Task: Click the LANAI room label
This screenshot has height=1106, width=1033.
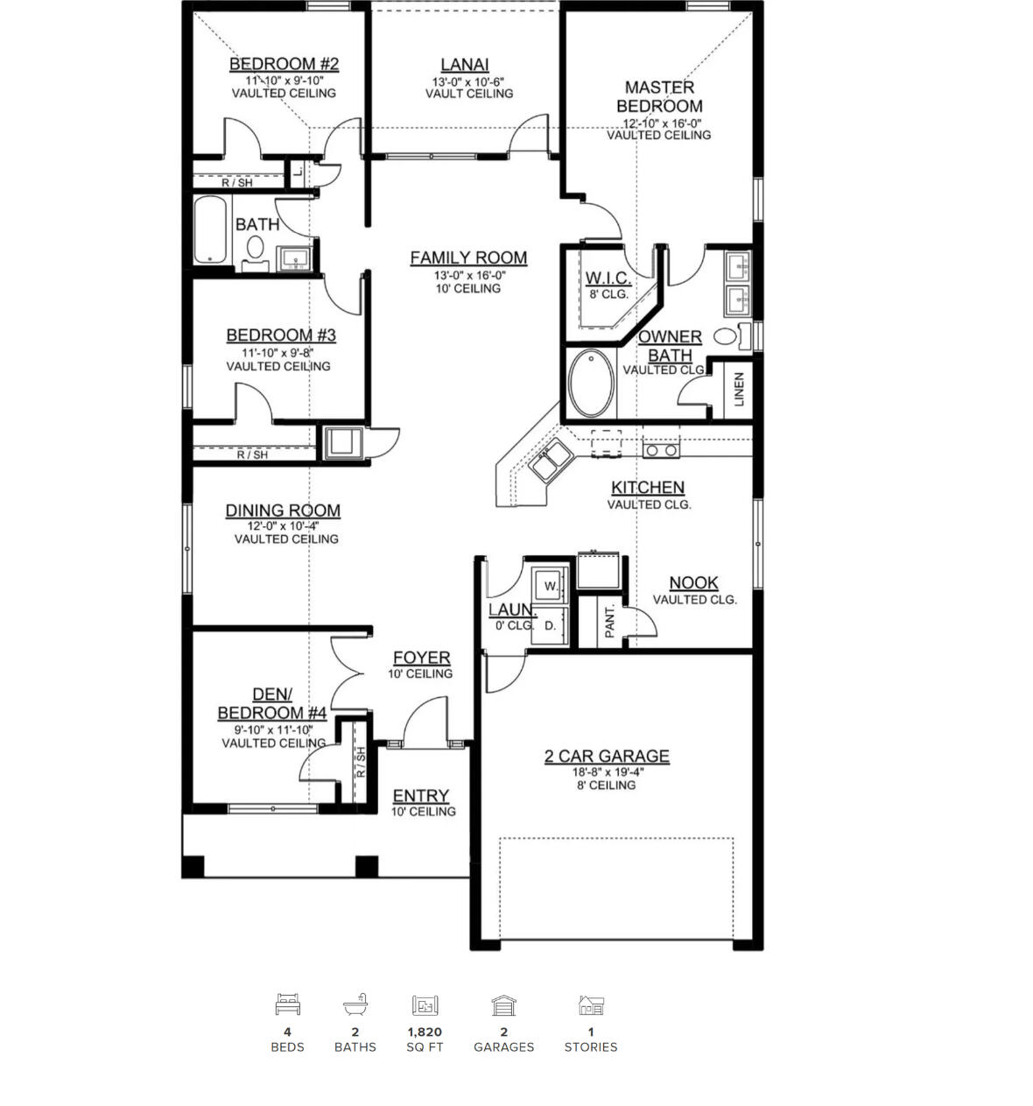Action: [x=465, y=65]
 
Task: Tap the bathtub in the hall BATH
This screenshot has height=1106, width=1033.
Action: [x=210, y=229]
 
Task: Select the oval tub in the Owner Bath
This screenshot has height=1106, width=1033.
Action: [x=592, y=384]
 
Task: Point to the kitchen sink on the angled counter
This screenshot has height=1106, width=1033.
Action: [x=551, y=461]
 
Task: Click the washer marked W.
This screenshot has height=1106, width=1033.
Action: [x=550, y=585]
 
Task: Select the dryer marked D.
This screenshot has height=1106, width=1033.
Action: [x=550, y=625]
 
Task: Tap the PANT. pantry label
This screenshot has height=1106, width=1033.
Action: [x=610, y=620]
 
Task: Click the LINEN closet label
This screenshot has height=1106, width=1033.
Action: [x=739, y=389]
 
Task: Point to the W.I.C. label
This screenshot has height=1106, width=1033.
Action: [x=607, y=278]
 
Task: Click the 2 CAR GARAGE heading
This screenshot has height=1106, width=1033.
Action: [x=607, y=756]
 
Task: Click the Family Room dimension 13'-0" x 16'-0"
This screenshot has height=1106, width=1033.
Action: [x=469, y=274]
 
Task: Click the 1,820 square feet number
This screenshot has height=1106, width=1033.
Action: [x=425, y=1032]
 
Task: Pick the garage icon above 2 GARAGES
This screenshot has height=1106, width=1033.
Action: [x=503, y=1004]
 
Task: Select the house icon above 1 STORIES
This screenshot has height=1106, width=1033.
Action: [x=591, y=1004]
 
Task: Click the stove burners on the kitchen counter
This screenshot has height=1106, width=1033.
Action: [x=660, y=450]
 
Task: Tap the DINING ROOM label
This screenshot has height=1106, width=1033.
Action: [x=283, y=511]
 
